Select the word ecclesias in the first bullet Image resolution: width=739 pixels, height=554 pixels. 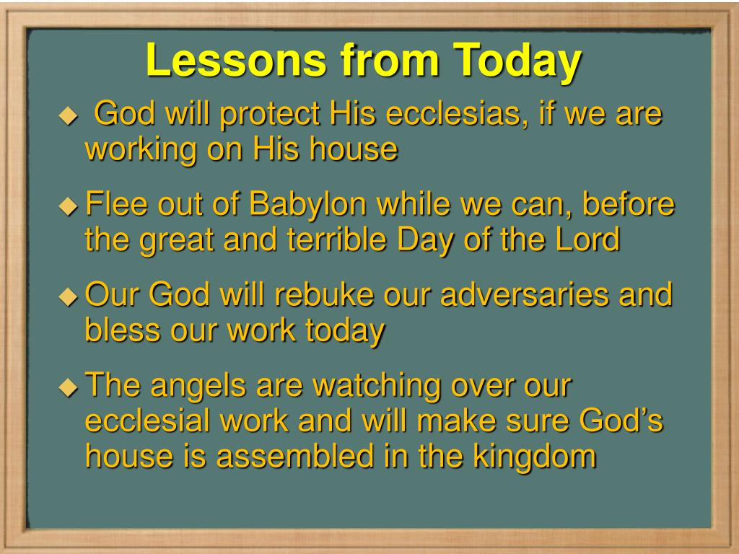coord(456,113)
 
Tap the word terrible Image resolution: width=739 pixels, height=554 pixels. coord(338,239)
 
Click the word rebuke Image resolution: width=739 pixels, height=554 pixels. coord(324,294)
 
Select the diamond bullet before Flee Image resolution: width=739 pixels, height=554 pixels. coord(69,206)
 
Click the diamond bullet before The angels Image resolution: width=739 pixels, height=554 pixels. coord(69,387)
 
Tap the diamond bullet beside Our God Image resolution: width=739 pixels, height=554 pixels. coord(69,296)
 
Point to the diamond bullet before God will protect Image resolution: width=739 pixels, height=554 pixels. coord(69,115)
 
